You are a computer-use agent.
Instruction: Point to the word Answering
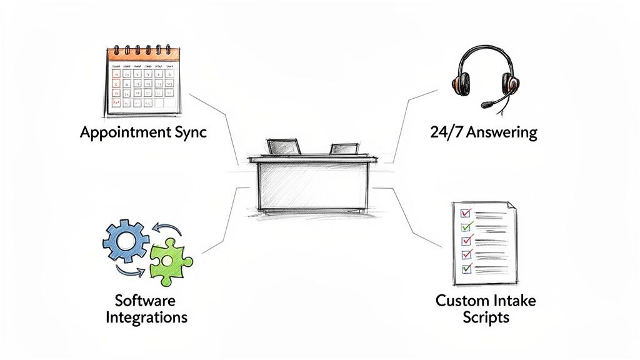503,133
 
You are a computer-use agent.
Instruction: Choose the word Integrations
146,317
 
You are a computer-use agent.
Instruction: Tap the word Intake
518,301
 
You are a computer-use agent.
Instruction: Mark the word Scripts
486,317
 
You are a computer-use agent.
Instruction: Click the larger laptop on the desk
284,146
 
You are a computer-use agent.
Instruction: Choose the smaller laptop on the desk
344,149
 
